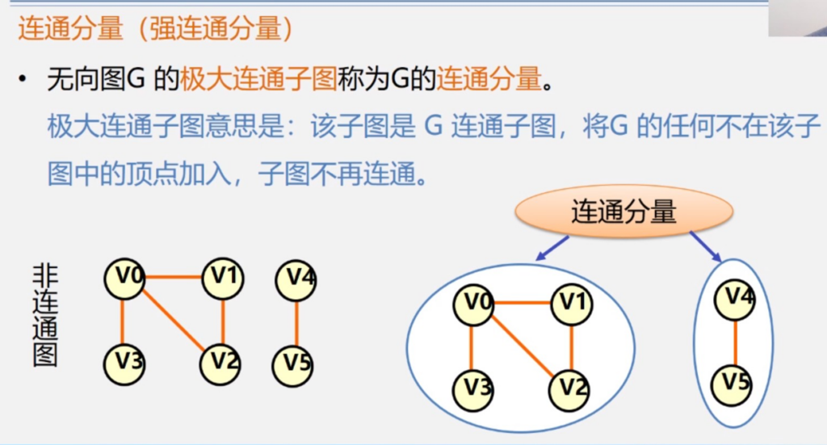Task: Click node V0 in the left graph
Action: coord(124,279)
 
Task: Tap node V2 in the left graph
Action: coord(220,364)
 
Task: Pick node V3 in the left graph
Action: coord(124,364)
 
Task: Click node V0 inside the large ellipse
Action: coord(473,304)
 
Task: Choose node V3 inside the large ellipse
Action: coord(473,391)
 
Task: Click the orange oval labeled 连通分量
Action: coord(624,212)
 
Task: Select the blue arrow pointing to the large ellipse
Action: coord(552,248)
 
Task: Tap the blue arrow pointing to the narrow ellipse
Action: coord(706,247)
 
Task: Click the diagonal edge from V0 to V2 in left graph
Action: coord(173,321)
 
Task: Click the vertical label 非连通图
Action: coord(45,315)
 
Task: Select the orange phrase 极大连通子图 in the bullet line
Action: coord(258,80)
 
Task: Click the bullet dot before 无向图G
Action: coord(22,80)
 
